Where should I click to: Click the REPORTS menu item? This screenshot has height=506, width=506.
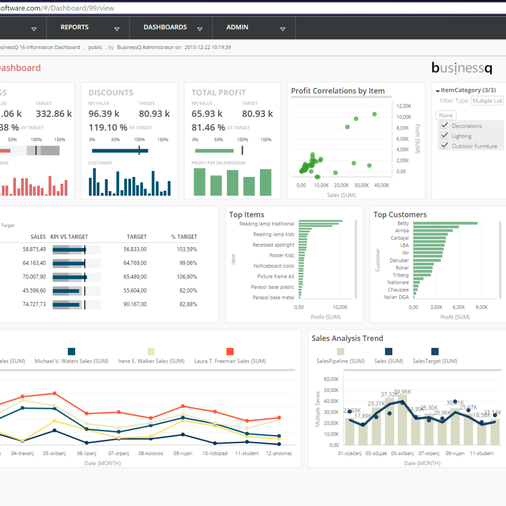tap(75, 27)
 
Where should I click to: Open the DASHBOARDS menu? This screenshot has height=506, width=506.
tap(165, 27)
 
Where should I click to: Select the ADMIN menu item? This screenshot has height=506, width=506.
tap(237, 27)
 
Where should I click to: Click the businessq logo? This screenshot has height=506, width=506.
tap(462, 68)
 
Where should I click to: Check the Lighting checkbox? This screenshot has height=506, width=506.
tap(444, 136)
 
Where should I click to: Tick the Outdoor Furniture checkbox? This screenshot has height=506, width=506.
tap(444, 146)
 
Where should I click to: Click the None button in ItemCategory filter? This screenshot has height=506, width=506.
tap(446, 116)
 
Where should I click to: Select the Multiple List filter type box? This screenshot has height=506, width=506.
tap(487, 101)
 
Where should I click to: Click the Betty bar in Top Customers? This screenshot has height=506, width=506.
tap(445, 223)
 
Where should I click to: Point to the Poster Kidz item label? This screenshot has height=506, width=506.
tap(282, 255)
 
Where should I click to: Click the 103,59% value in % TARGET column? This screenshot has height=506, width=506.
tap(187, 250)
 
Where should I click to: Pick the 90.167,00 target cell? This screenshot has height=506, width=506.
tap(135, 304)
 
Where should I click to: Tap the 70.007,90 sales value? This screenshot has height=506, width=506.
tap(34, 277)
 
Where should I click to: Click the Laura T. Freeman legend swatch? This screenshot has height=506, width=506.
tap(230, 351)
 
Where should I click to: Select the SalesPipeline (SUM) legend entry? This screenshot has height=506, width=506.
tap(340, 361)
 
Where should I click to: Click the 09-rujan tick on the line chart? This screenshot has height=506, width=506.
tap(182, 453)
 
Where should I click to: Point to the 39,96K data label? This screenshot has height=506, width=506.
tap(402, 392)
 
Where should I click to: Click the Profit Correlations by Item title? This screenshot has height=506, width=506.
tap(337, 91)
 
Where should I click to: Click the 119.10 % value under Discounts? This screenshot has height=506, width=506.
tap(108, 127)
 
